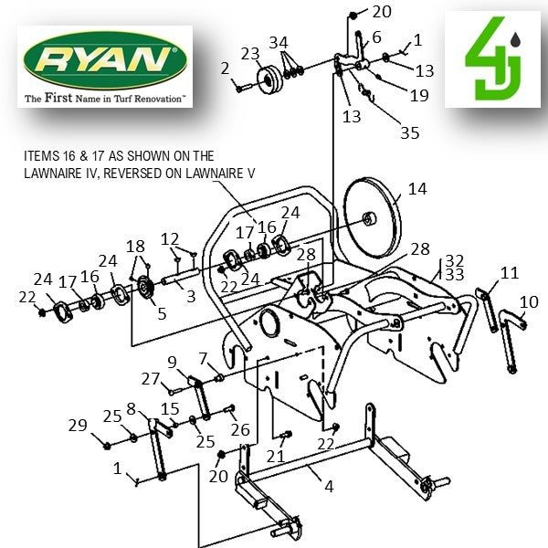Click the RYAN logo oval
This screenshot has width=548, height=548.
(x=104, y=61)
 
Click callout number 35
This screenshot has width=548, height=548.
(x=410, y=132)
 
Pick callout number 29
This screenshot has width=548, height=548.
(x=79, y=425)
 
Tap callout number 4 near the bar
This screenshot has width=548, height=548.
(x=329, y=486)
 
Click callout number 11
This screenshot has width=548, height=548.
(x=509, y=272)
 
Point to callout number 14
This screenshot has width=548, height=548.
(x=416, y=189)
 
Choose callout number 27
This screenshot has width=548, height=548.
(x=151, y=379)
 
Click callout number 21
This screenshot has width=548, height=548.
(x=275, y=456)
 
